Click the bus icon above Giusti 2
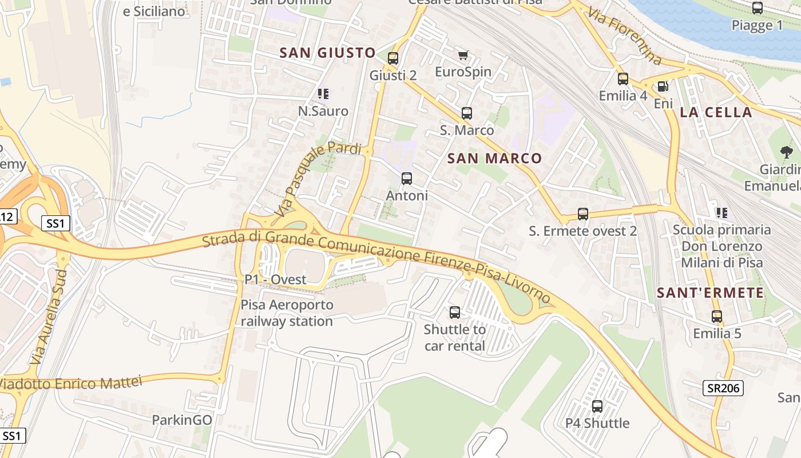[392, 58]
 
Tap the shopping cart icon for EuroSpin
[463, 55]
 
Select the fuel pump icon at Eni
[663, 86]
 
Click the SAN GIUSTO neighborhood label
[327, 53]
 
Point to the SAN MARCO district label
[494, 159]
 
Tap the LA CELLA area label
[716, 112]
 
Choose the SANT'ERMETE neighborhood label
[710, 293]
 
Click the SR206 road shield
[723, 388]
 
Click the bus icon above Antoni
[407, 179]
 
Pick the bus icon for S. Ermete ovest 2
[582, 214]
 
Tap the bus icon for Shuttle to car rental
[455, 313]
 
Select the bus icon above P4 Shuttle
[597, 406]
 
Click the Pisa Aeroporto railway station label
[287, 313]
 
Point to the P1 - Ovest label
[275, 279]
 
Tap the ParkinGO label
[181, 420]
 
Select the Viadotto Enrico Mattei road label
[70, 382]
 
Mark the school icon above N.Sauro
[323, 93]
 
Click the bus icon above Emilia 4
[623, 79]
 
